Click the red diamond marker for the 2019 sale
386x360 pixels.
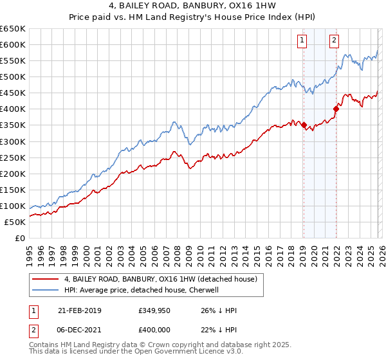[304, 125]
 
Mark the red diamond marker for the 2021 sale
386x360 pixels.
[336, 109]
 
